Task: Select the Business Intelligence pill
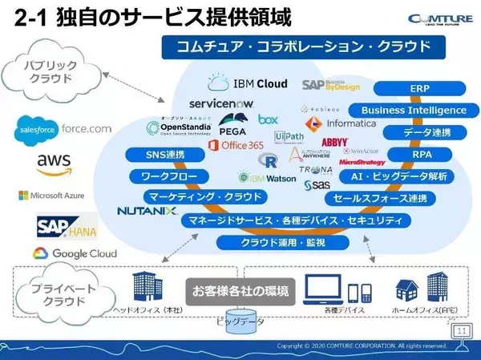click(413, 110)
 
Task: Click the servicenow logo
click(222, 103)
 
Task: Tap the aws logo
click(54, 163)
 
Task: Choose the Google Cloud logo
click(74, 253)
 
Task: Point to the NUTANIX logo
click(148, 212)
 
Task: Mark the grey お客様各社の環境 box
click(239, 289)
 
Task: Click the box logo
click(268, 119)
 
